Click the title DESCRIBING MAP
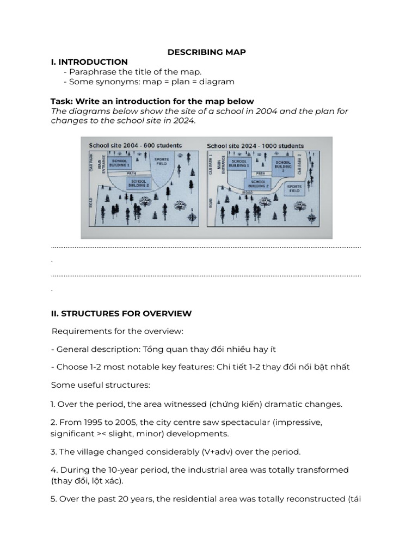click(x=206, y=52)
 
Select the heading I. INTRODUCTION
click(x=89, y=62)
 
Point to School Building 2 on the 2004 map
click(x=138, y=183)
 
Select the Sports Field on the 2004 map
click(x=162, y=162)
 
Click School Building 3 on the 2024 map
click(x=283, y=165)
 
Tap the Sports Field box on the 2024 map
click(x=294, y=189)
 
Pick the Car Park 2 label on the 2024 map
click(x=314, y=163)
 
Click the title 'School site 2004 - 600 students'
click(x=135, y=146)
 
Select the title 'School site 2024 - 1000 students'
click(x=255, y=146)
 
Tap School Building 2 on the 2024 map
click(x=258, y=183)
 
